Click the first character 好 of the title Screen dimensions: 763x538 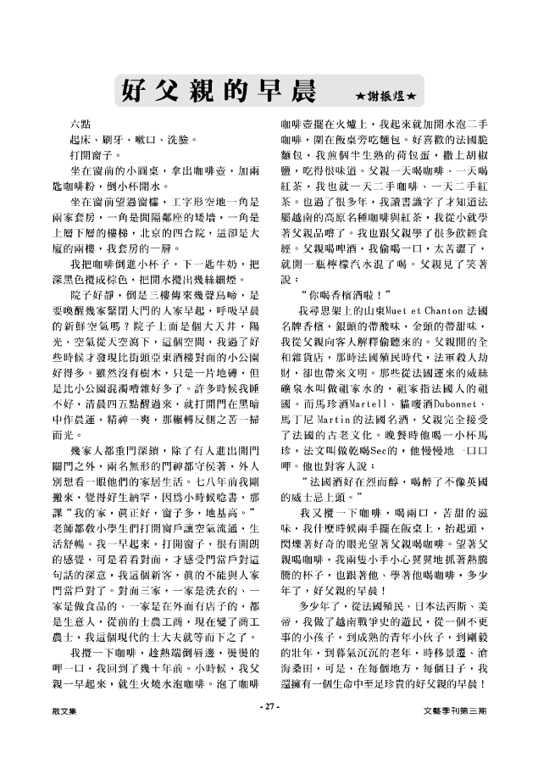[135, 86]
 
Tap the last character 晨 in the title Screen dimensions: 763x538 [302, 86]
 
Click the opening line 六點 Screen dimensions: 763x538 [82, 125]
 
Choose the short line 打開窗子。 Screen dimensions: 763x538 [96, 156]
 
